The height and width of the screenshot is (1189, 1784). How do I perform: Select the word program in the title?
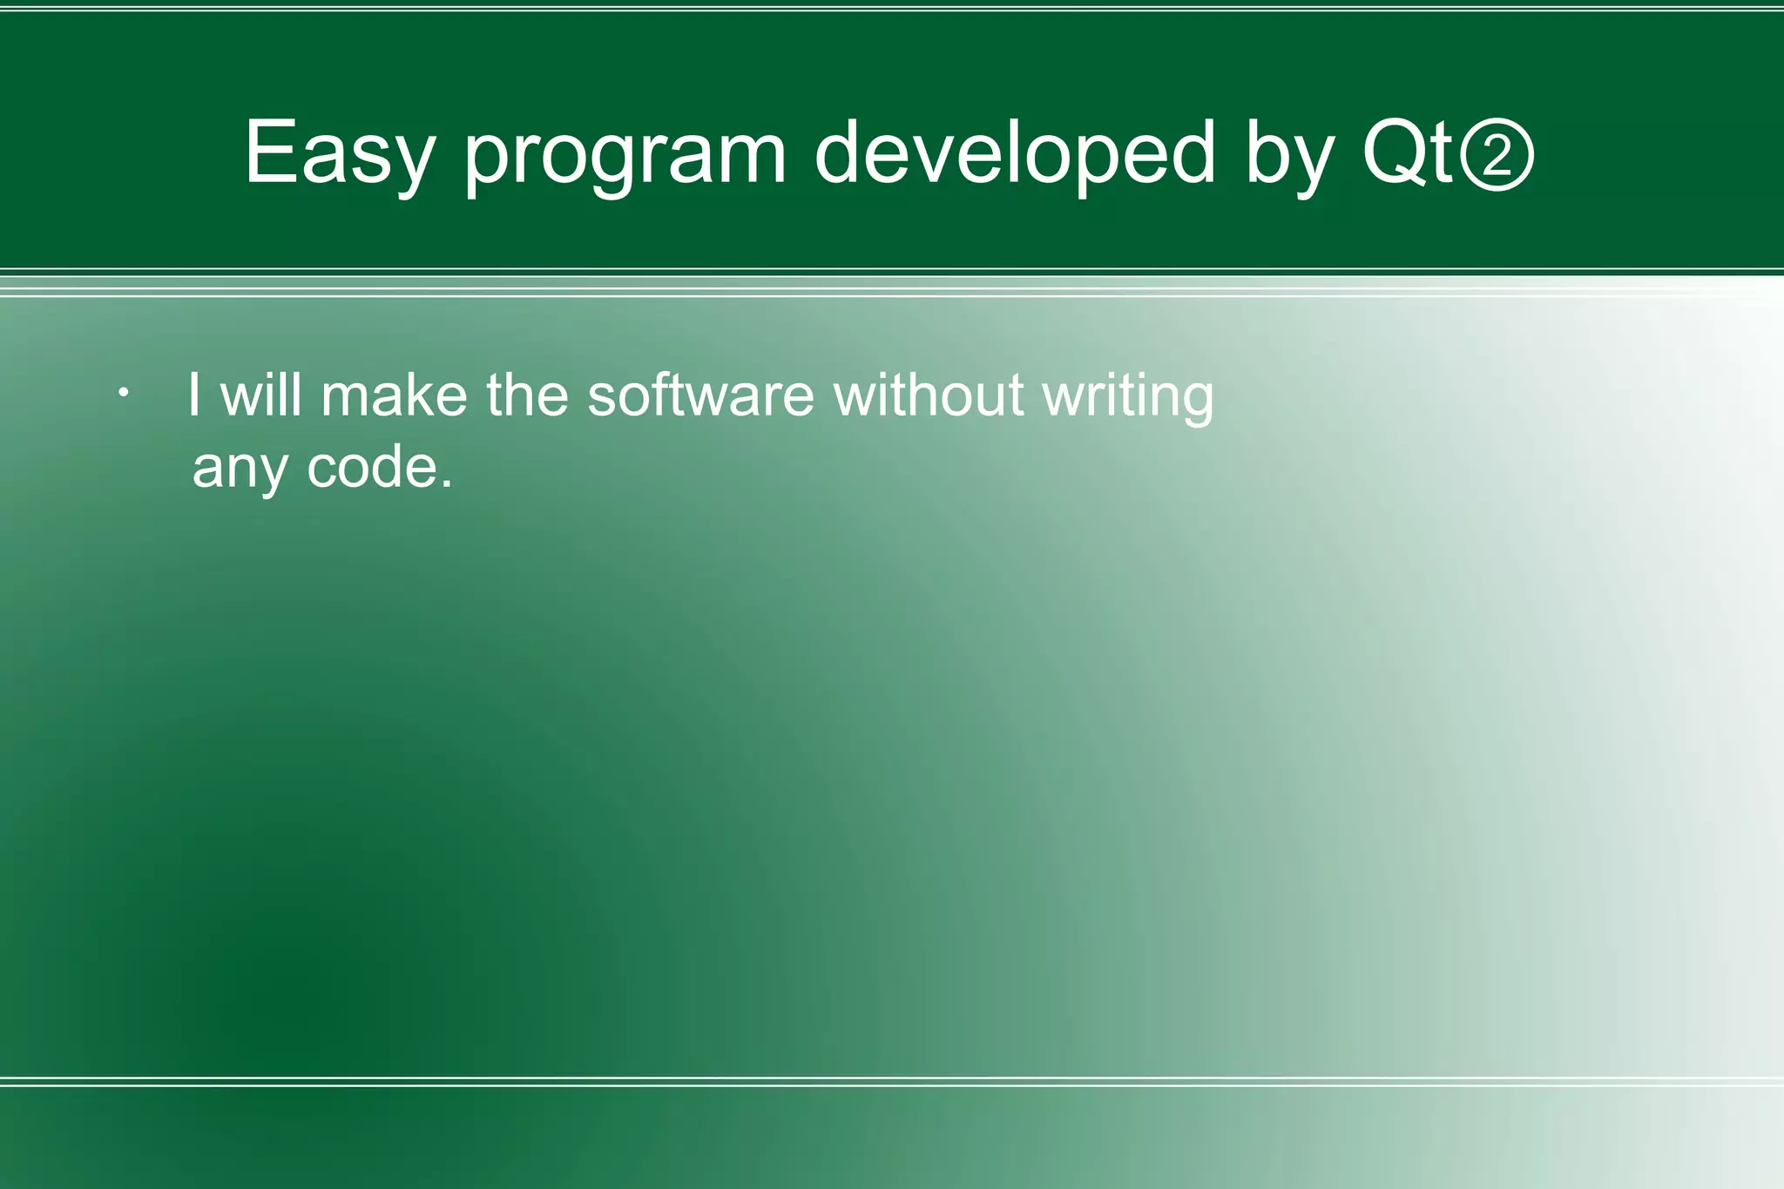(x=625, y=157)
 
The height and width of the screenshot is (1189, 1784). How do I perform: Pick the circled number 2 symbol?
(x=1497, y=157)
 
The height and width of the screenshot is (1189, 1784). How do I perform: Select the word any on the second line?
(x=240, y=470)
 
